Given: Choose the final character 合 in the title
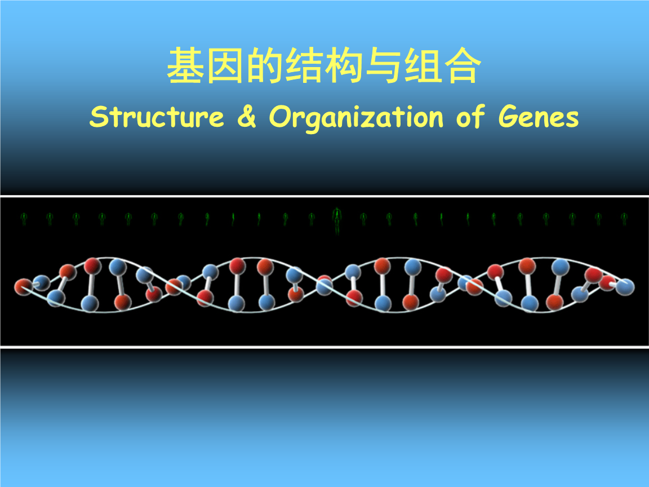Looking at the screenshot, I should click(463, 67).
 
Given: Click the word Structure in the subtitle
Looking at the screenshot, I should click(157, 117).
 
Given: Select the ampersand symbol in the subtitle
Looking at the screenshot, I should click(246, 117).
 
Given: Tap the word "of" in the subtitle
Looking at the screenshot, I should click(470, 117).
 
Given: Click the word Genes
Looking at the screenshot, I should click(538, 117).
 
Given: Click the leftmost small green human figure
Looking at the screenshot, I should click(24, 218).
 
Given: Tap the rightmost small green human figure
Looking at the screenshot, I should click(624, 218).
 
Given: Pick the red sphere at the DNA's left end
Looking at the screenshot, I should click(23, 287).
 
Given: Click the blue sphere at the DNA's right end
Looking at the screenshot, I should click(625, 287).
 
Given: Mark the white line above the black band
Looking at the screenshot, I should click(324, 196).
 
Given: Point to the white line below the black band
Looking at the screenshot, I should click(324, 348).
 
